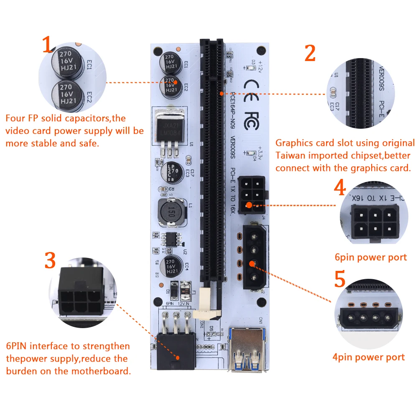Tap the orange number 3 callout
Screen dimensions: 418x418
50,261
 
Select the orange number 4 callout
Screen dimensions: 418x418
340,188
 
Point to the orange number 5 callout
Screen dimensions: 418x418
340,280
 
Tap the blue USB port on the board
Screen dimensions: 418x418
246,349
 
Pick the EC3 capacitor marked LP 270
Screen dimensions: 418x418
171,171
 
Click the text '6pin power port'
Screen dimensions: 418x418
371,257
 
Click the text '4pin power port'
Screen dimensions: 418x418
369,357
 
